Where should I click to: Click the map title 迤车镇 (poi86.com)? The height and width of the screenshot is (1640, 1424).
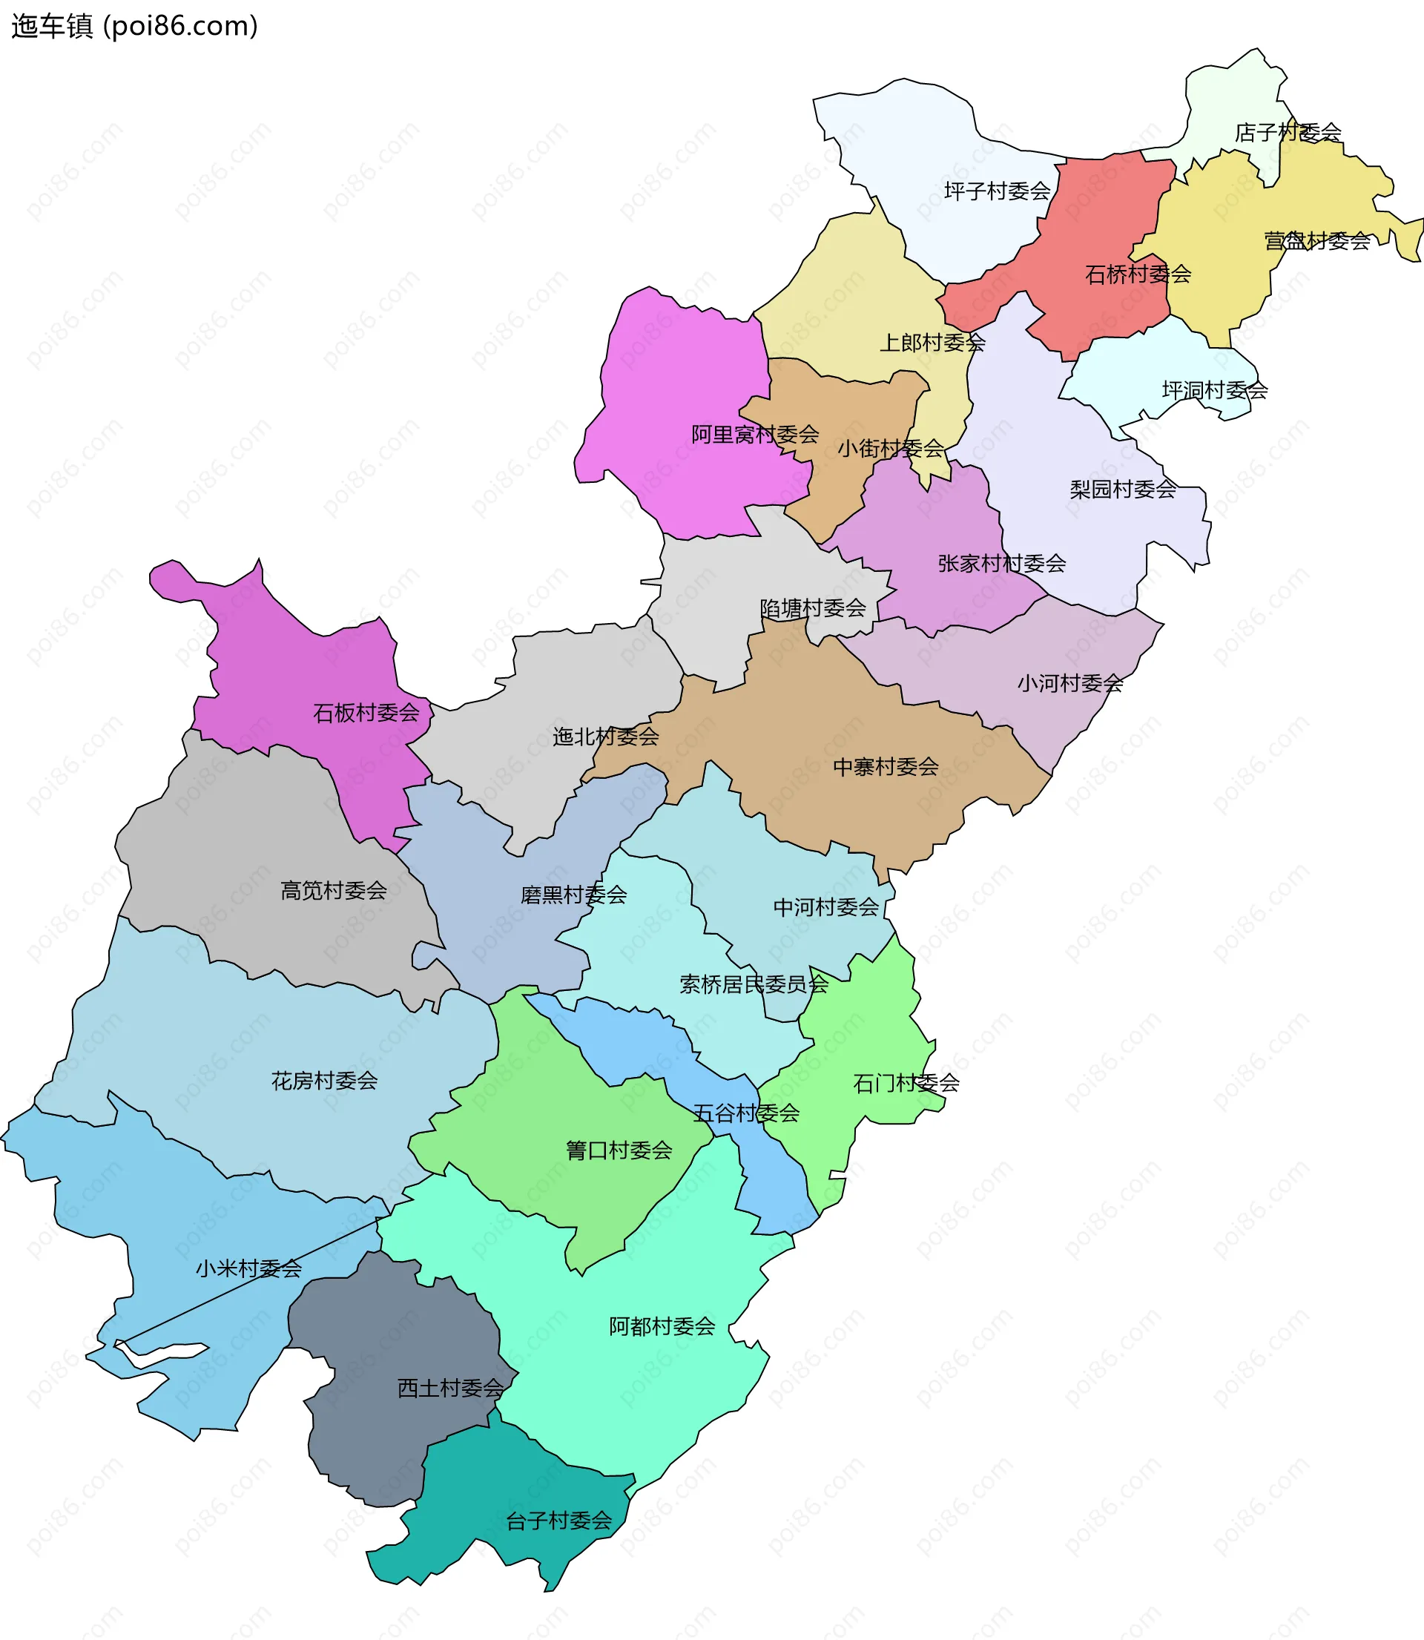point(134,26)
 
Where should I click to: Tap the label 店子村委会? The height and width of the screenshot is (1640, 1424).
point(1288,133)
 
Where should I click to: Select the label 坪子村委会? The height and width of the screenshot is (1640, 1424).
point(998,191)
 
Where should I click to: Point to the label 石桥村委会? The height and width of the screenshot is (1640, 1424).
point(1138,275)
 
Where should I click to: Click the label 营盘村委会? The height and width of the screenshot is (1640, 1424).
point(1316,241)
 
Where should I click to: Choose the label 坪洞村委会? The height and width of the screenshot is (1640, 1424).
point(1214,391)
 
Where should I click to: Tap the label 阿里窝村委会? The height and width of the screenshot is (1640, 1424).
point(755,435)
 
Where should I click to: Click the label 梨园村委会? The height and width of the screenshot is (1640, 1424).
point(1122,490)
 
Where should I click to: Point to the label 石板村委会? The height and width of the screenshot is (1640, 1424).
point(366,714)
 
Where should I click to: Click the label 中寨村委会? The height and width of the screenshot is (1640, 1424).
point(886,768)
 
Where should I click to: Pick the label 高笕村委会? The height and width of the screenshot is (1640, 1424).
point(333,892)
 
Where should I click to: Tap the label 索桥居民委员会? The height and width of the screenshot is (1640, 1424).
point(754,985)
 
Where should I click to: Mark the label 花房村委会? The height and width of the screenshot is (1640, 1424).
point(324,1081)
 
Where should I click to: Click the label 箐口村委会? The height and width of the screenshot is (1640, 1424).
point(619,1151)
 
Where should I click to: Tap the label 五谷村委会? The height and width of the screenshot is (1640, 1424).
point(745,1114)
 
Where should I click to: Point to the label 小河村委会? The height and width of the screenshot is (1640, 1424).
point(1069,684)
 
